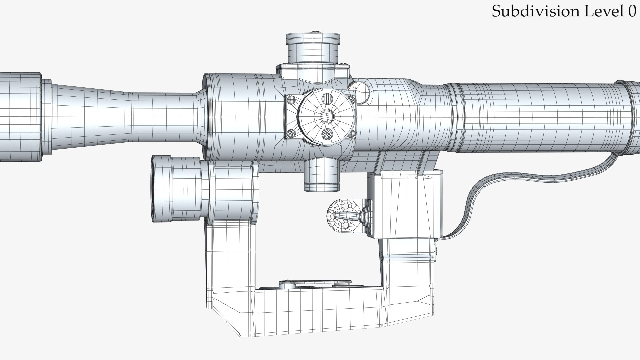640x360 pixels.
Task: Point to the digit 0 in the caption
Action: tap(632, 12)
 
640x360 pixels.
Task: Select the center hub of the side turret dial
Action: tap(327, 116)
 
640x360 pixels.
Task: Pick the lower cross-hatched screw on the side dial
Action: tap(327, 134)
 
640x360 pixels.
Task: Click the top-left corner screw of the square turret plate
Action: tap(291, 99)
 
